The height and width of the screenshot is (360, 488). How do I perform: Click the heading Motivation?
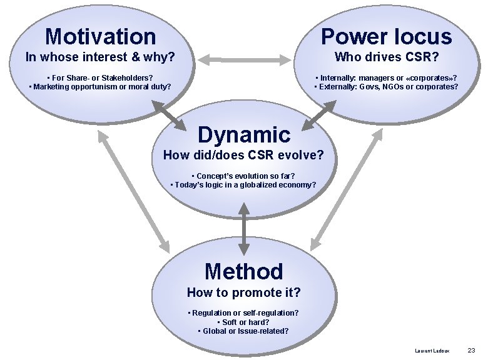[x=100, y=36]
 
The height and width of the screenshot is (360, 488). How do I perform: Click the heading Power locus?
[x=386, y=36]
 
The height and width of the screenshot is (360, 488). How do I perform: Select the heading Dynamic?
[x=244, y=134]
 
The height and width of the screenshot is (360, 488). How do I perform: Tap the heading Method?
[x=244, y=271]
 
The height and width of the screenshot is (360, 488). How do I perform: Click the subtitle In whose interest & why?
[x=99, y=57]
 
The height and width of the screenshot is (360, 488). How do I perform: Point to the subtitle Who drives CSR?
[x=386, y=57]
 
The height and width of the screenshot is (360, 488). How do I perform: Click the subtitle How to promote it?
[x=244, y=292]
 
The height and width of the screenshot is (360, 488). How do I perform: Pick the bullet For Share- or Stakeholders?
[x=100, y=77]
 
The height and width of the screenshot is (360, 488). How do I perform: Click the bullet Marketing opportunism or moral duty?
[x=100, y=86]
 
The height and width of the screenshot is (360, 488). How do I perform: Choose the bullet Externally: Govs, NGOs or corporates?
[x=386, y=86]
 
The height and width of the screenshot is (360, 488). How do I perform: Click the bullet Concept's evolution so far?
[x=243, y=176]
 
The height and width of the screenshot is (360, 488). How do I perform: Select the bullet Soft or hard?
[x=243, y=322]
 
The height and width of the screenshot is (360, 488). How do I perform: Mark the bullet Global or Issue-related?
[x=243, y=331]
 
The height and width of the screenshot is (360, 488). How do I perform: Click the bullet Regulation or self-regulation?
[x=243, y=312]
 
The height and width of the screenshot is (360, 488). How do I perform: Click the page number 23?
[x=471, y=351]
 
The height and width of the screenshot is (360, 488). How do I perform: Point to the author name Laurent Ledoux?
[x=432, y=351]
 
